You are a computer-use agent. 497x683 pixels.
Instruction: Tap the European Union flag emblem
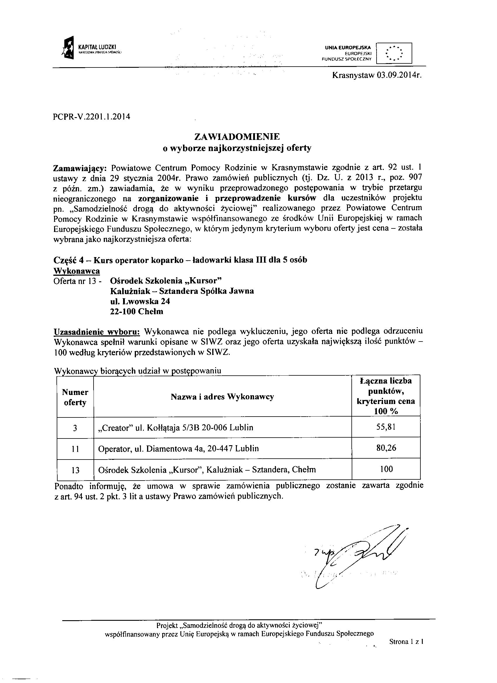click(394, 53)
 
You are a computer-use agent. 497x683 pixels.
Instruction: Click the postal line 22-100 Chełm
click(137, 311)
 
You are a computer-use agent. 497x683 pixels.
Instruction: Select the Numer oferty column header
click(75, 397)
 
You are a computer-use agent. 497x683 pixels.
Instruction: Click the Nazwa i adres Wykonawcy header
click(222, 397)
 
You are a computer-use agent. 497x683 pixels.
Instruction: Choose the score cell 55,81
click(386, 427)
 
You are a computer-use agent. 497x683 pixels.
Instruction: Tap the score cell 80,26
click(386, 448)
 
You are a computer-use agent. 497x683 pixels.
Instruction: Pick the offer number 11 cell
click(75, 449)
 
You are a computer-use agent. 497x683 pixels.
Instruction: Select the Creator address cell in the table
click(176, 428)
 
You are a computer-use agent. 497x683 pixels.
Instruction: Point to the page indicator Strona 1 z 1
click(406, 642)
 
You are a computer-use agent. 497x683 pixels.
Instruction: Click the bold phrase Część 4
click(70, 260)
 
